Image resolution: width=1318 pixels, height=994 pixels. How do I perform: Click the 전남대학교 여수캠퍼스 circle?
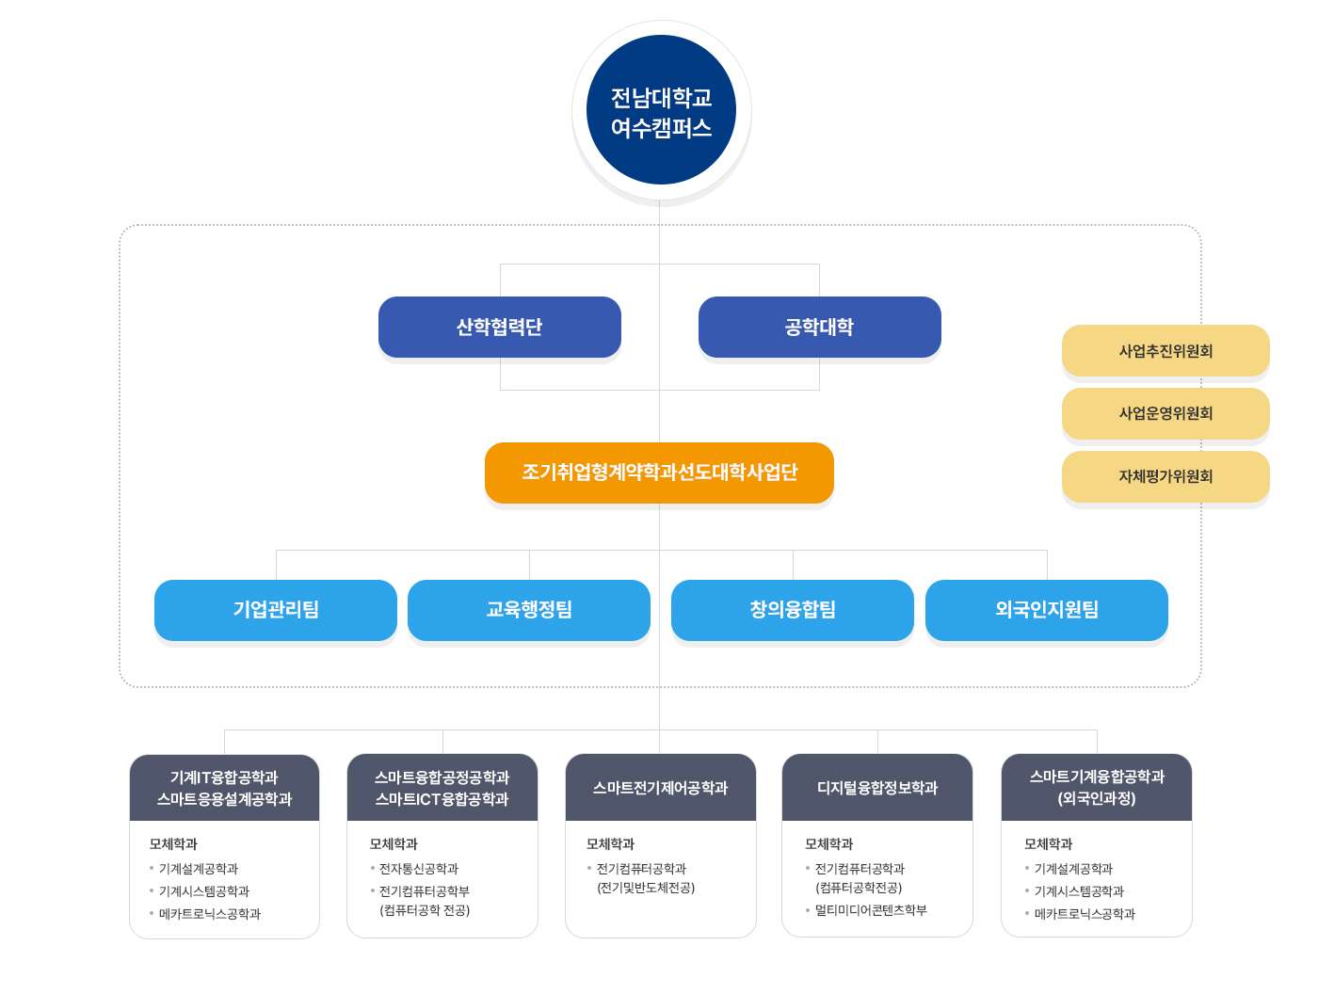(x=661, y=110)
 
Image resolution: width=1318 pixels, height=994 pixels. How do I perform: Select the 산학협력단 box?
(x=499, y=327)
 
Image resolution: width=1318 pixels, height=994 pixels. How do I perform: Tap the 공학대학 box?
(x=819, y=327)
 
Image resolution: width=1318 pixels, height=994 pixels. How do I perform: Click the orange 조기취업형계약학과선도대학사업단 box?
(x=659, y=473)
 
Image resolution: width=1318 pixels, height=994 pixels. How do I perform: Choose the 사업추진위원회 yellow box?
(x=1165, y=351)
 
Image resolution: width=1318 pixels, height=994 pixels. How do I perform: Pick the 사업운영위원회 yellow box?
(x=1165, y=413)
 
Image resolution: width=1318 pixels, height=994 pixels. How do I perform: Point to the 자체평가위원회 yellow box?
(x=1165, y=476)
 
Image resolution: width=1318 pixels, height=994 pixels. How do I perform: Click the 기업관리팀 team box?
(x=276, y=610)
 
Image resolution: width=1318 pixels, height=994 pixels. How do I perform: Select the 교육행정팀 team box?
(x=529, y=610)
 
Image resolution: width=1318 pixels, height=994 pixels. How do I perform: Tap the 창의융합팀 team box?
(x=793, y=610)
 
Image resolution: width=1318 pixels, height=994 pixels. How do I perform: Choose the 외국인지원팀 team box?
(x=1047, y=610)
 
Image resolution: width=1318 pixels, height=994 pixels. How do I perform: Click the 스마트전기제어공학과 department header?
(x=661, y=788)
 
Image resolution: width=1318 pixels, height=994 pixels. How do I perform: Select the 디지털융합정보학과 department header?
(x=877, y=788)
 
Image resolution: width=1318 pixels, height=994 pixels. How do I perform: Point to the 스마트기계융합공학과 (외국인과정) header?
(x=1097, y=788)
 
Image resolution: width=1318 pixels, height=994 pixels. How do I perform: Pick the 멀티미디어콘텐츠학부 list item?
(x=871, y=910)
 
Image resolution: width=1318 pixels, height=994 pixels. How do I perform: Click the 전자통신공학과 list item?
(x=419, y=869)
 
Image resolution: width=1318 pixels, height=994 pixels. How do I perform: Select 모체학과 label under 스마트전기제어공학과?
(x=610, y=844)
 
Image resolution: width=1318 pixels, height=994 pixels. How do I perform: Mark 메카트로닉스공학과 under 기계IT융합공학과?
(x=210, y=914)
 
